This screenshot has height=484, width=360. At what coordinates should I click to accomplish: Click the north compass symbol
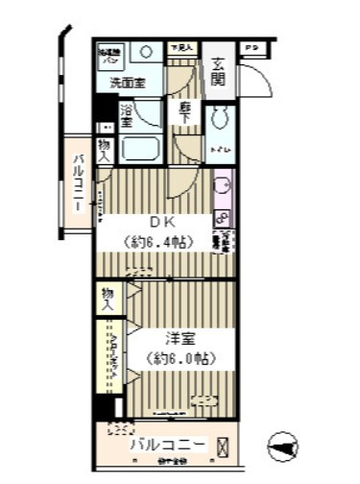(x=279, y=447)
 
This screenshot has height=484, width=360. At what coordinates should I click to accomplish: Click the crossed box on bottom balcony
(x=224, y=447)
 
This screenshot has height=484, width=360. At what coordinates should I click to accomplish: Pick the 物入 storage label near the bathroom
(x=105, y=148)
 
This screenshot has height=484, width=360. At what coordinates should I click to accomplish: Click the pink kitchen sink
(x=221, y=186)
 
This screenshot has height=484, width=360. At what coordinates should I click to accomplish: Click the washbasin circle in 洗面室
(x=147, y=53)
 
